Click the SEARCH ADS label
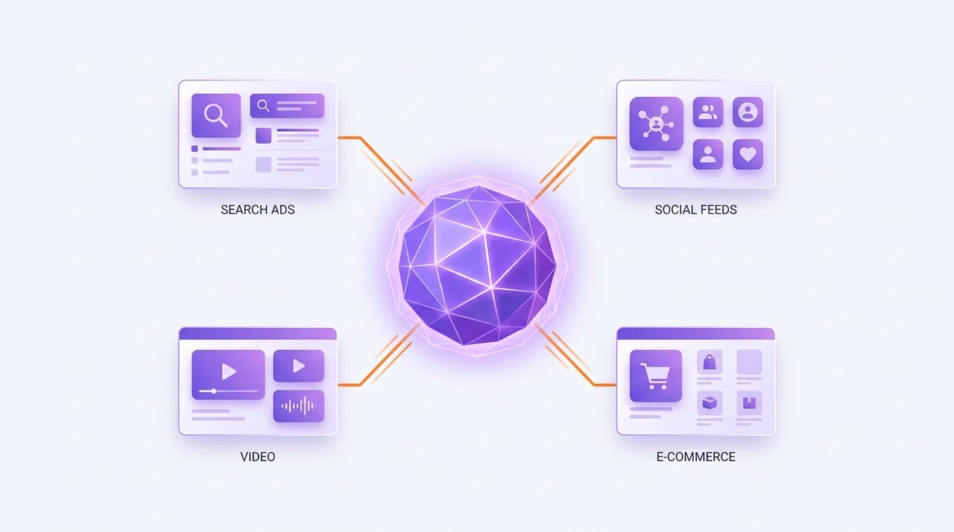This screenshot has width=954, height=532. (x=258, y=210)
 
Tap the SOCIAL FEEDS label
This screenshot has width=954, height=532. (x=696, y=210)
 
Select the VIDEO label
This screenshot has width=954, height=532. (x=258, y=457)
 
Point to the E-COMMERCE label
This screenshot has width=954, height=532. (x=696, y=457)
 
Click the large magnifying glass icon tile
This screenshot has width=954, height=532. (x=216, y=115)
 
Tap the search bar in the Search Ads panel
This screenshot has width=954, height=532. (x=287, y=106)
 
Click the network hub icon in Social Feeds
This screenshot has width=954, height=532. (x=657, y=124)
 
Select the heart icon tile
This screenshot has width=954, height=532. (x=748, y=154)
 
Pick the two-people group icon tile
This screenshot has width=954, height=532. (x=708, y=113)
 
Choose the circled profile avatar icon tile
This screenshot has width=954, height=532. (x=748, y=113)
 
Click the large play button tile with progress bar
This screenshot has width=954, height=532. (x=228, y=375)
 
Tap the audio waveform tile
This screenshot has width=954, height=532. (x=299, y=406)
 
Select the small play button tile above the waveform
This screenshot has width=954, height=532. (x=299, y=366)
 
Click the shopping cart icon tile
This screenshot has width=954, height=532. (x=655, y=376)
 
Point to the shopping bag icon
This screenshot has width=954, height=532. (x=710, y=362)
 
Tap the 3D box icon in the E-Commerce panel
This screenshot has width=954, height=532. (x=710, y=402)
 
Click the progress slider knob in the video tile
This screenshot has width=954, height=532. (x=214, y=390)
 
